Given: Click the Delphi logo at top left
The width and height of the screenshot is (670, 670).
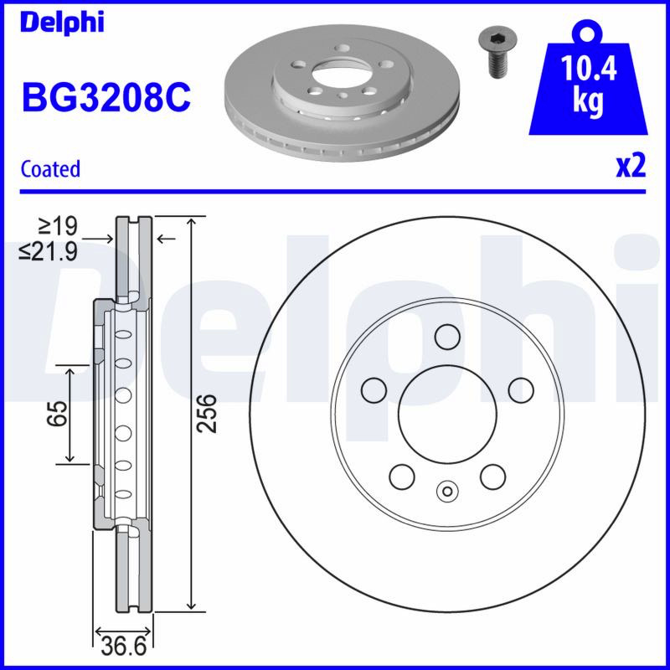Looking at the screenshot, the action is click(62, 23).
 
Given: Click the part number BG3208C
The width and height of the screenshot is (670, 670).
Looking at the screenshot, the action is click(106, 97).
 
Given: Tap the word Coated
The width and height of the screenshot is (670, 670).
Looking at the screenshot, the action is click(50, 169).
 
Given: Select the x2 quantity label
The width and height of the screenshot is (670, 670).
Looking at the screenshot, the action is click(631, 166).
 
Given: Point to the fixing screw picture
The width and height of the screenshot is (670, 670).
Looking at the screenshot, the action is click(497, 53).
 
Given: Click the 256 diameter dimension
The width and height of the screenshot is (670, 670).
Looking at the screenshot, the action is click(208, 414).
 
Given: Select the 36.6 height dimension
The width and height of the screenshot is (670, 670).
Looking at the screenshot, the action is click(124, 647).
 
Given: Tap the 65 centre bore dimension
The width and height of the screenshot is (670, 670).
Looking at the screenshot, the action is click(57, 414).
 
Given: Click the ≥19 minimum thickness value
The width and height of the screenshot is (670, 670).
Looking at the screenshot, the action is click(58, 226).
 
